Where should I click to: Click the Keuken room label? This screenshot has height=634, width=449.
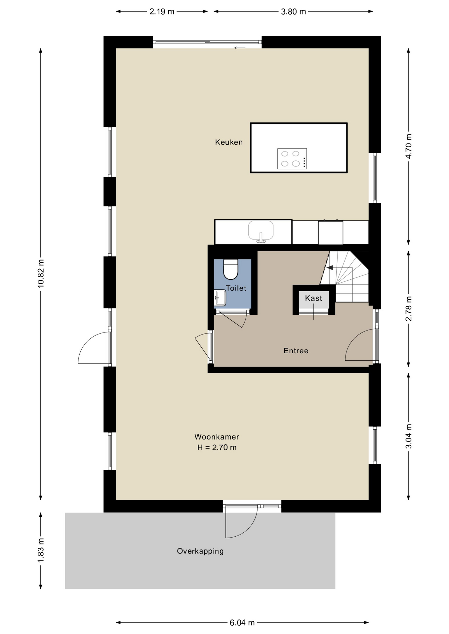(229, 142)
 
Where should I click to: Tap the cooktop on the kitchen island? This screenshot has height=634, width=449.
(292, 159)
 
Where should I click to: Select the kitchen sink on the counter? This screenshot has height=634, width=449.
(261, 231)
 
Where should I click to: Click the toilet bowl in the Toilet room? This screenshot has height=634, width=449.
(231, 269)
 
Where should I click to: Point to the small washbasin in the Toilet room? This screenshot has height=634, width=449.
(220, 298)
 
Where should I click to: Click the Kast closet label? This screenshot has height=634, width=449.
(313, 299)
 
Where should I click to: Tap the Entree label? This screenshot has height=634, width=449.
(296, 351)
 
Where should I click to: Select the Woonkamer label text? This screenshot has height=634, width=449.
(217, 437)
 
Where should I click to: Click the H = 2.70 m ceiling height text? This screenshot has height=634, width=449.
(217, 448)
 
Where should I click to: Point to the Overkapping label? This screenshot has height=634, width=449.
(200, 551)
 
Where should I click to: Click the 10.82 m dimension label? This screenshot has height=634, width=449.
(41, 274)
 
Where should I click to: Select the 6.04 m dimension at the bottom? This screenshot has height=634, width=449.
(242, 623)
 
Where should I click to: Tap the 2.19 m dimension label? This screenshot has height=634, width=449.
(162, 12)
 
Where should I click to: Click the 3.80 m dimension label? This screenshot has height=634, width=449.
(294, 12)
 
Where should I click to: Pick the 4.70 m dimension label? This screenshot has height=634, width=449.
(409, 146)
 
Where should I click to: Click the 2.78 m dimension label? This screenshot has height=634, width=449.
(409, 309)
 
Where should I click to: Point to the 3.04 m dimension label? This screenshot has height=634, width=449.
(409, 437)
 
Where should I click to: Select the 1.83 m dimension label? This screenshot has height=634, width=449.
(41, 551)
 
